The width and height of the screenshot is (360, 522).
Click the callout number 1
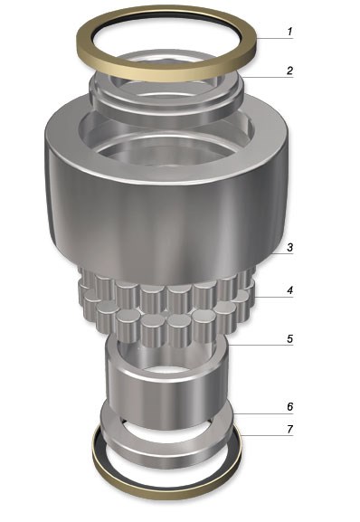(289, 32)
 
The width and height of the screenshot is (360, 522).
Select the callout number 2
(289, 71)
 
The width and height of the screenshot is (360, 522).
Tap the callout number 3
(289, 247)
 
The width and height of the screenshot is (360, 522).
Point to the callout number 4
(289, 290)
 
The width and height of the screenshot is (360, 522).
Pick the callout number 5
(289, 338)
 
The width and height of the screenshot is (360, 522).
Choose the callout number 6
(289, 406)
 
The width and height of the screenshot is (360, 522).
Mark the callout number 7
(289, 429)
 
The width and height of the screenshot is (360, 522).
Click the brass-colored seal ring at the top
(166, 74)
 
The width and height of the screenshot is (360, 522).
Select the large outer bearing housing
(166, 214)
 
